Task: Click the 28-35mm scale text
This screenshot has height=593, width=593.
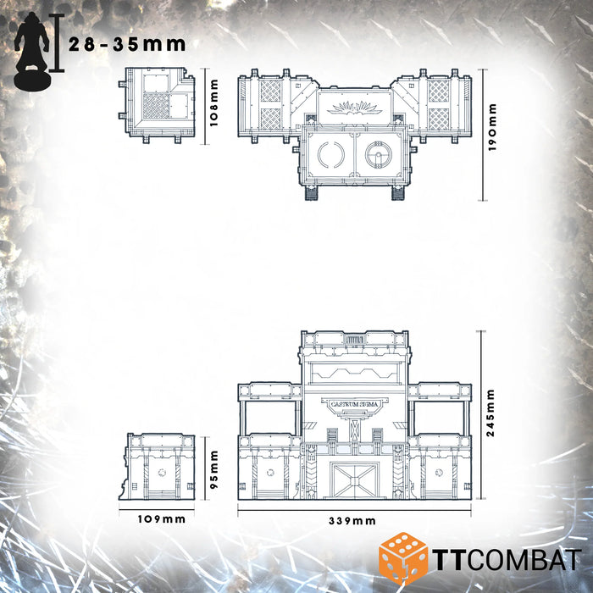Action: pyautogui.click(x=127, y=44)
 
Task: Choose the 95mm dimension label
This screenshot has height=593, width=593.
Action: pyautogui.click(x=214, y=465)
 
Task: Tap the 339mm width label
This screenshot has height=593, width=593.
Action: pyautogui.click(x=353, y=521)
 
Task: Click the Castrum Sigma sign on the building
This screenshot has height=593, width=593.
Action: pyautogui.click(x=354, y=405)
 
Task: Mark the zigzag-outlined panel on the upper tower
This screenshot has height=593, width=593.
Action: pyautogui.click(x=354, y=372)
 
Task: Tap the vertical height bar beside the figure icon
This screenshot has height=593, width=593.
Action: pyautogui.click(x=57, y=43)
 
